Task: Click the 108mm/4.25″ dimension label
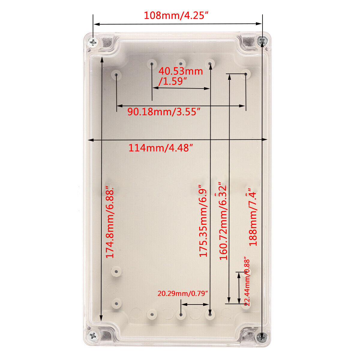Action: [x=176, y=15]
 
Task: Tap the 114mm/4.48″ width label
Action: [x=160, y=148]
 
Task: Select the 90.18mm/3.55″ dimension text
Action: [x=164, y=112]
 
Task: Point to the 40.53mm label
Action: [x=181, y=71]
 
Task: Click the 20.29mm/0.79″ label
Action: [x=182, y=293]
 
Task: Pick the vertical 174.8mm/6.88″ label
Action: [x=110, y=222]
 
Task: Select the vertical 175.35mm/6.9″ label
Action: [x=203, y=221]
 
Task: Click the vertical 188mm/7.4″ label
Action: [x=253, y=217]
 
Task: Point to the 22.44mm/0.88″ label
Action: [x=247, y=282]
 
